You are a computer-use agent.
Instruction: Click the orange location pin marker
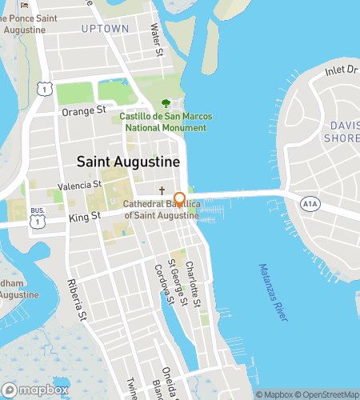(180, 200)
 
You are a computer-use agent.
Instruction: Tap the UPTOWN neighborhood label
(105, 29)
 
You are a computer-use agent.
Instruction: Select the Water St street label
(157, 40)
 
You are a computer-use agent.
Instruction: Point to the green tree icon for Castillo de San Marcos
(166, 103)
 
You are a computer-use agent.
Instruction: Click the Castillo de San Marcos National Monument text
(166, 122)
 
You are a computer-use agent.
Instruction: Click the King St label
(84, 216)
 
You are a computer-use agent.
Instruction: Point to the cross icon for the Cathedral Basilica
(162, 192)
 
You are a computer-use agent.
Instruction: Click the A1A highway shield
(310, 204)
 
